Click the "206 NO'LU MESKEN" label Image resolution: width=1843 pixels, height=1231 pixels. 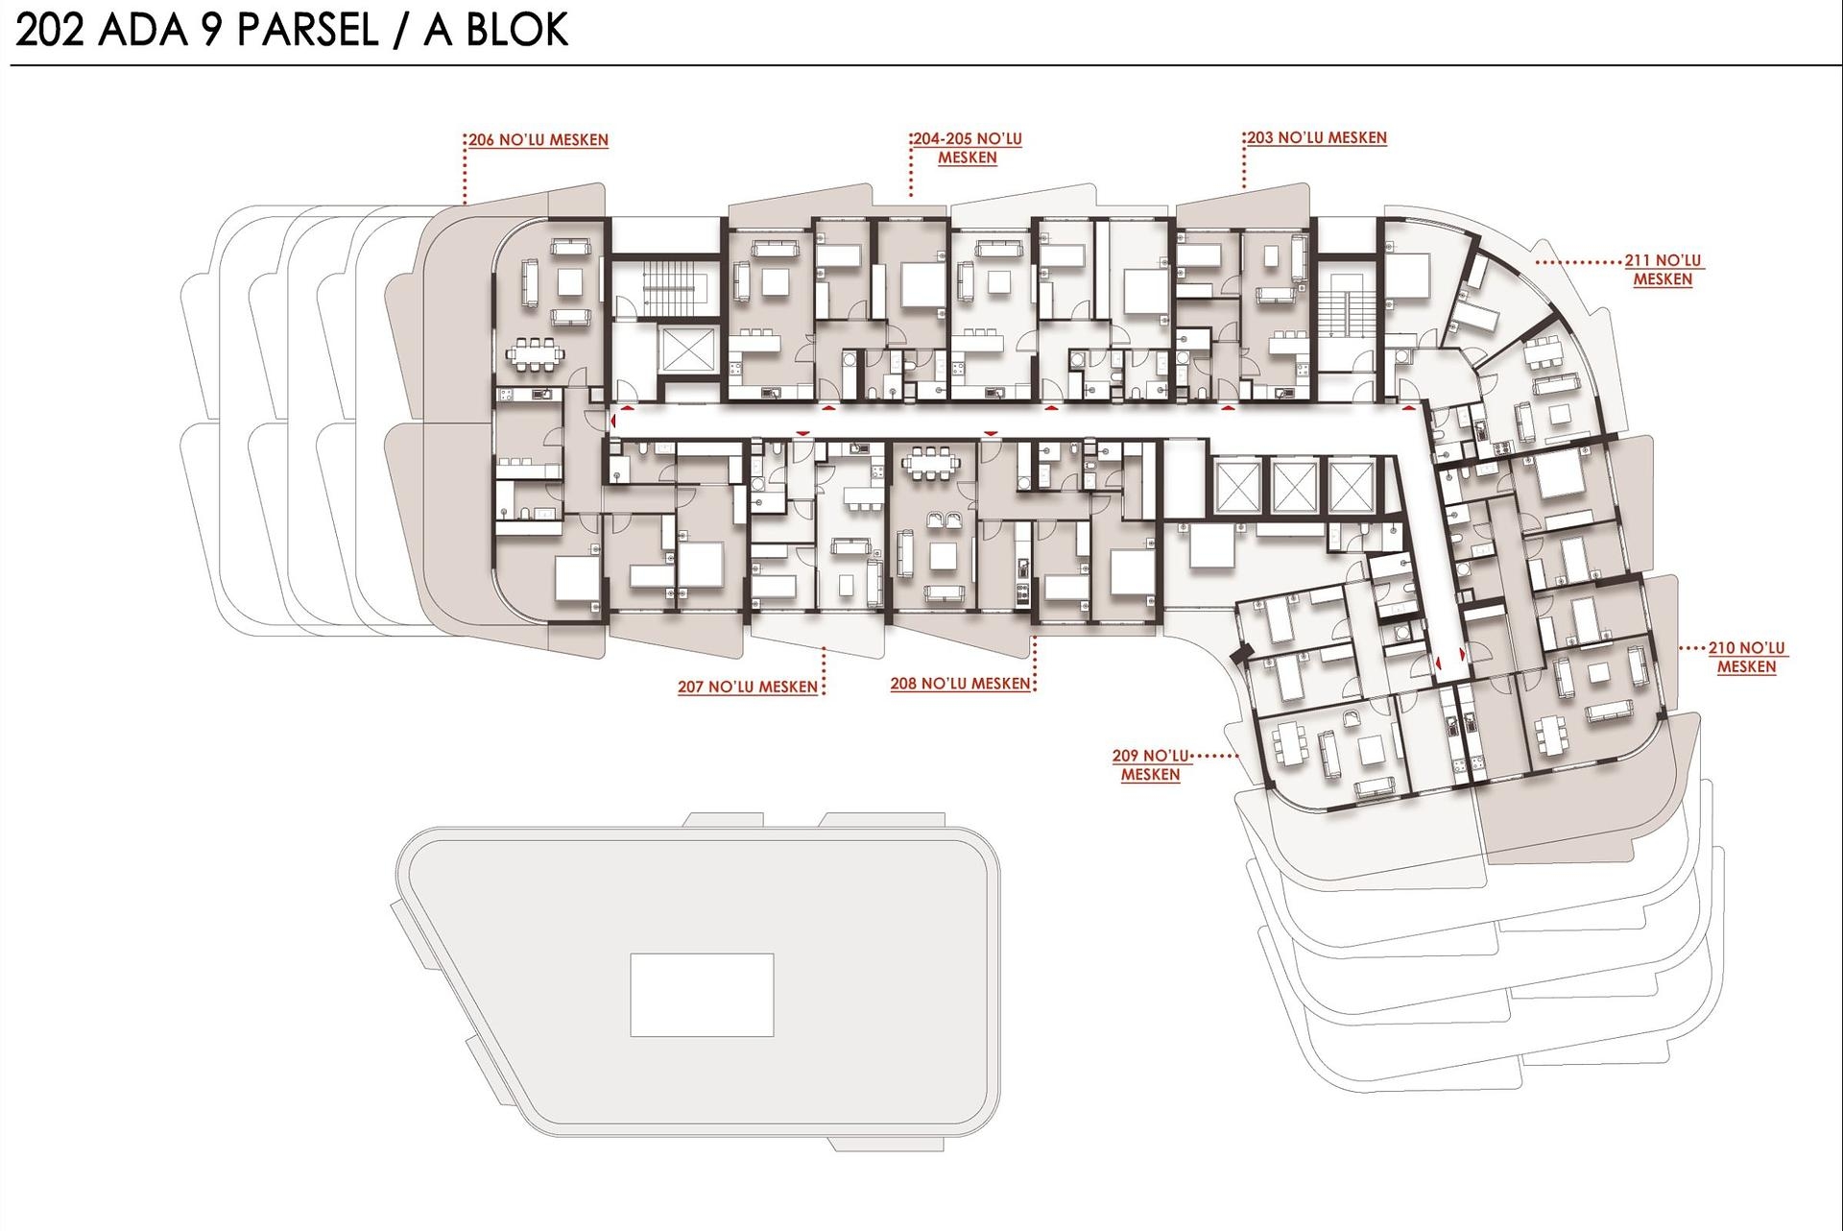(539, 140)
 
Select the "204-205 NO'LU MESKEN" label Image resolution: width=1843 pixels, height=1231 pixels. (967, 148)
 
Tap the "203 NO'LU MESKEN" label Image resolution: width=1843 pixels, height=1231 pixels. (1317, 138)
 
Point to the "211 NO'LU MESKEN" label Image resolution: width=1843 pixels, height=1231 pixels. (1663, 270)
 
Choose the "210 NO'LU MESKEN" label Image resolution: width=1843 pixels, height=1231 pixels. (1746, 658)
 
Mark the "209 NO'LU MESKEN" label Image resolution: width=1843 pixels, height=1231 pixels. (1150, 765)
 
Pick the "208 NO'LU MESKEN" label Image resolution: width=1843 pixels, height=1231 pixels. (960, 684)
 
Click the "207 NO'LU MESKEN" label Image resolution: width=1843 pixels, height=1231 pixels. (748, 687)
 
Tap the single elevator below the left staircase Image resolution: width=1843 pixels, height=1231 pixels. (688, 348)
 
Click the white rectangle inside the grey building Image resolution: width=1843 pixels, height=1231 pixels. (702, 995)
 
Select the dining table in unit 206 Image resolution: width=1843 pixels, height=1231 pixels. (538, 354)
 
